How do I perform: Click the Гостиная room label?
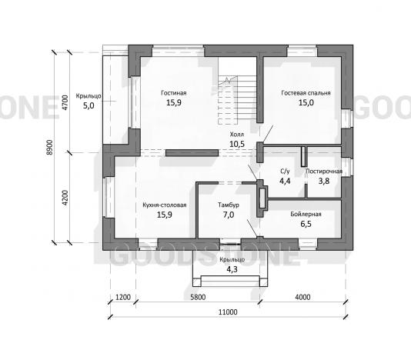[174, 93]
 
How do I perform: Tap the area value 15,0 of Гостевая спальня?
[306, 102]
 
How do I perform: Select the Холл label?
[237, 135]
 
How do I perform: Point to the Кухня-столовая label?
[165, 205]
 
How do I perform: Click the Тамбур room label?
[229, 205]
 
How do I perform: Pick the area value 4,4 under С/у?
[285, 181]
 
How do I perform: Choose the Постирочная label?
[324, 172]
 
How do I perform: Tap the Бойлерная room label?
[306, 215]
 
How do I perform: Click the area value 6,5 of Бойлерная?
[306, 224]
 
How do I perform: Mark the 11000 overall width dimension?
[228, 312]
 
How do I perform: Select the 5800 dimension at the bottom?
[198, 297]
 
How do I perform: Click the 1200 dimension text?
[123, 297]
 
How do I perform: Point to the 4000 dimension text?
[302, 297]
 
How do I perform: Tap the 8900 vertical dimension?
[49, 148]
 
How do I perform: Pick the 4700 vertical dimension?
[65, 102]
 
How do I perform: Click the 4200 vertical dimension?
[65, 198]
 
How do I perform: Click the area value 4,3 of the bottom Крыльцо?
[232, 269]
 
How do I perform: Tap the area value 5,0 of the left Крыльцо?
[89, 106]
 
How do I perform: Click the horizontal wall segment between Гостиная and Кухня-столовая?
[192, 153]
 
